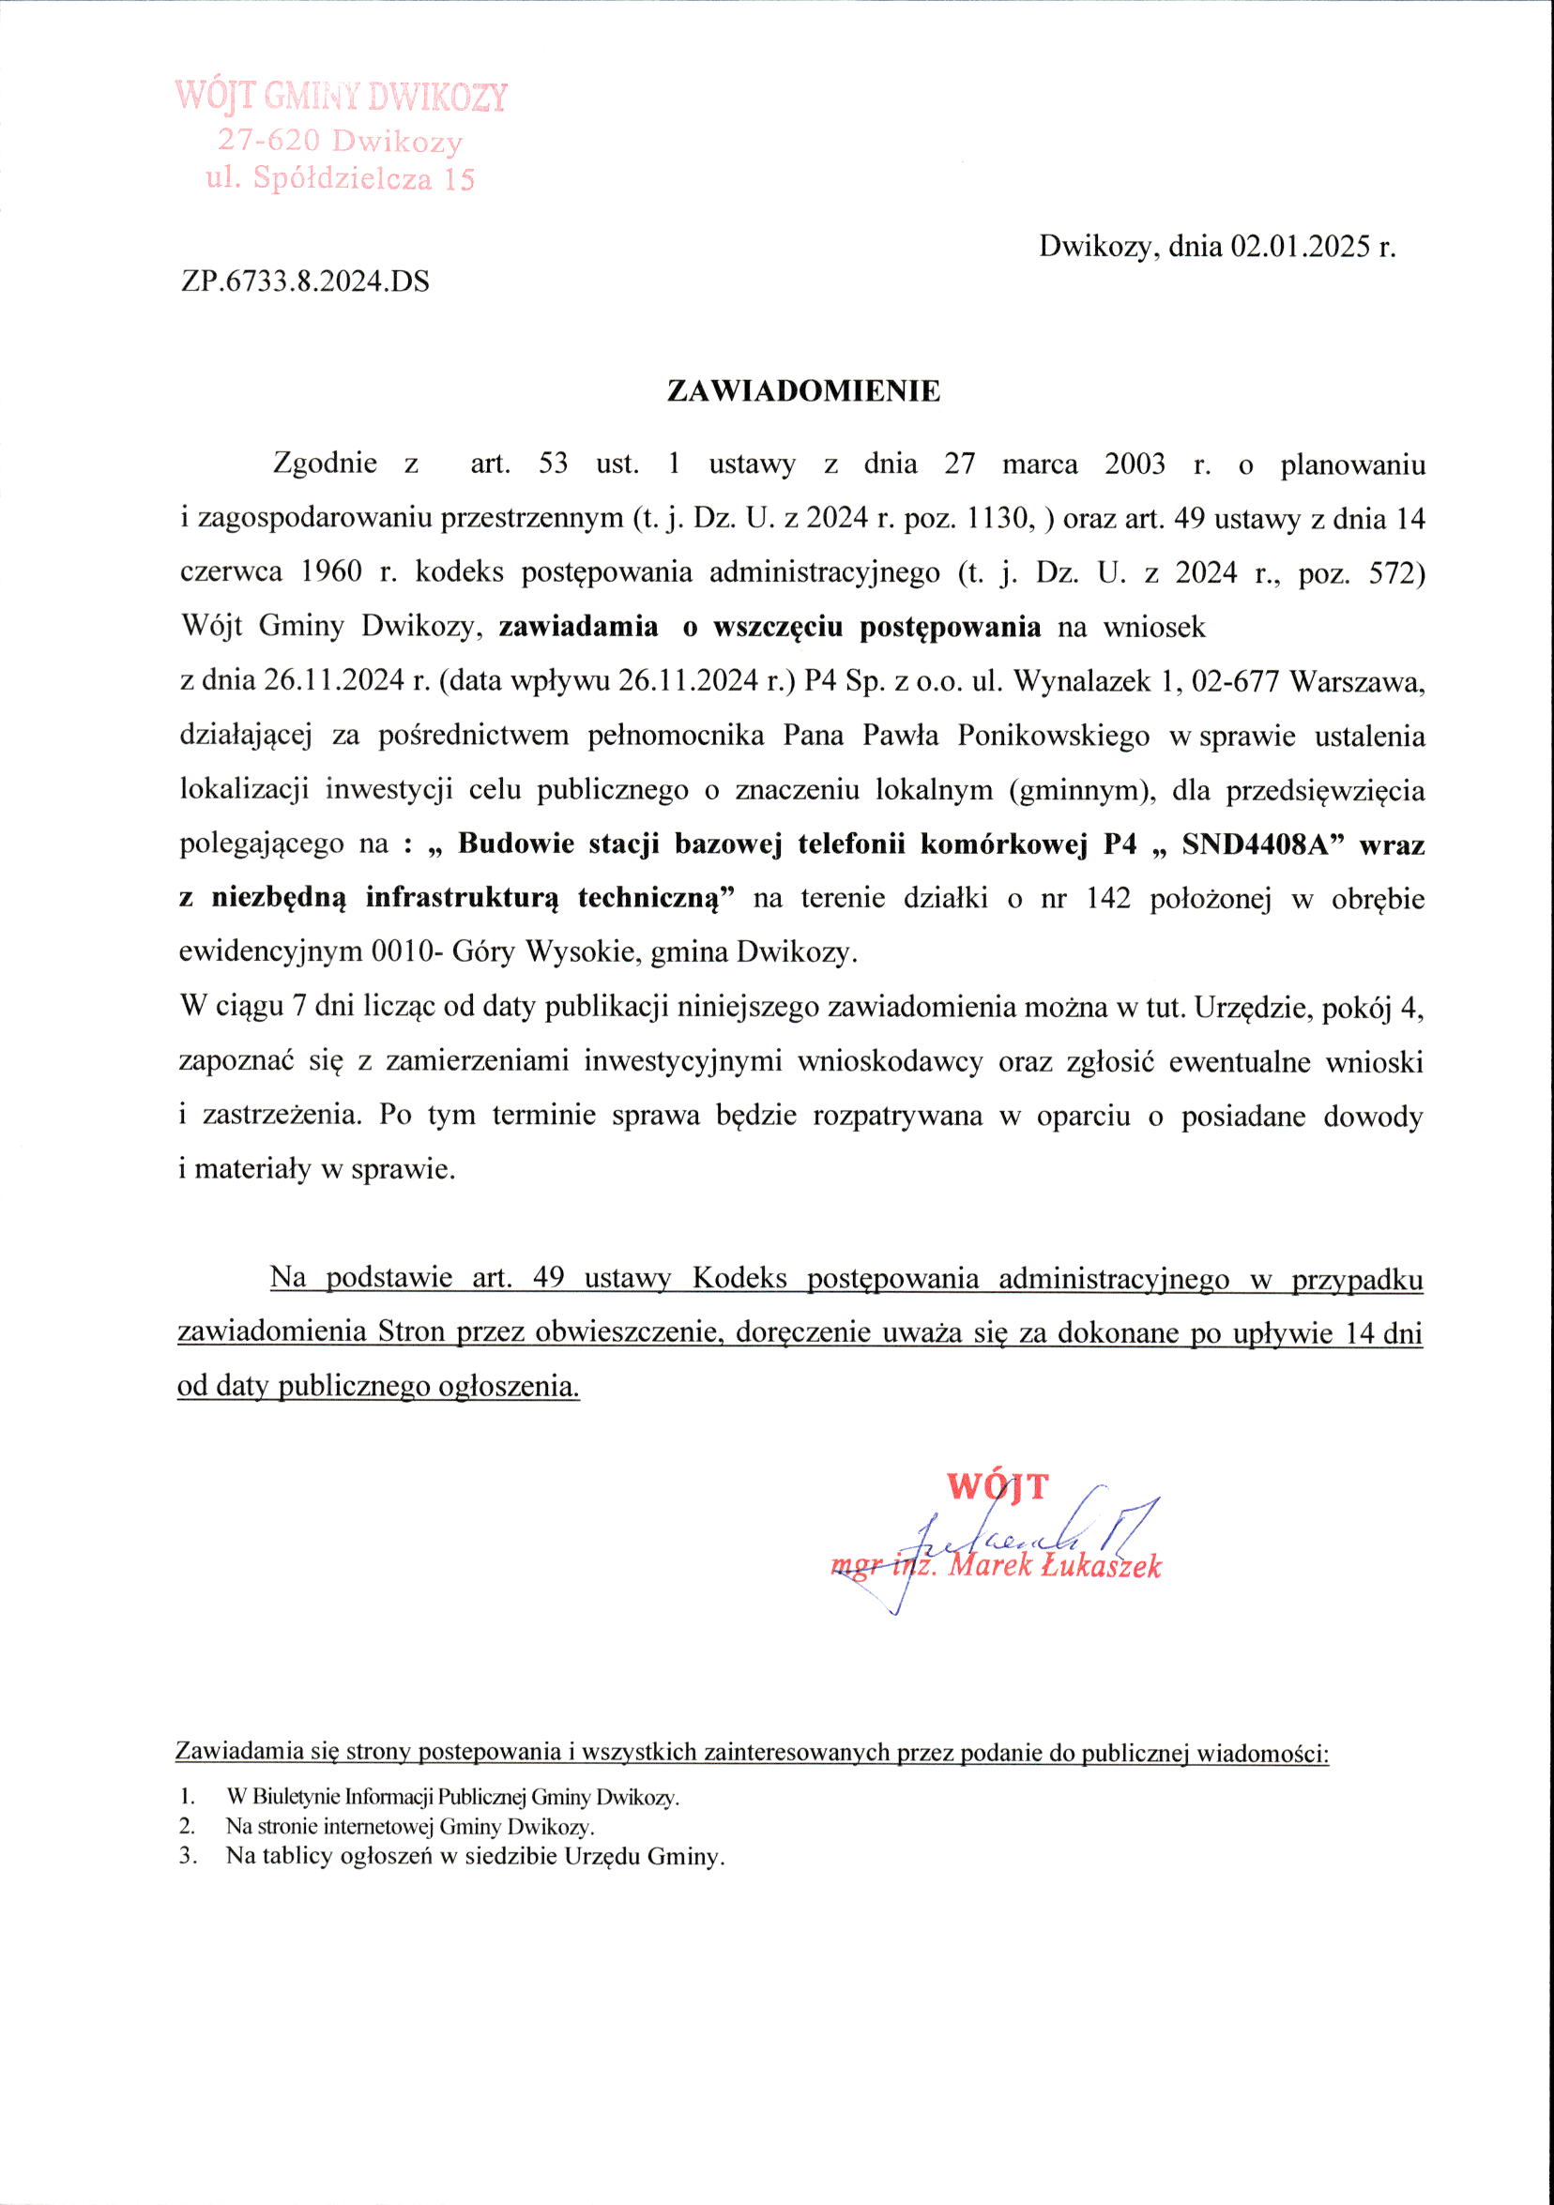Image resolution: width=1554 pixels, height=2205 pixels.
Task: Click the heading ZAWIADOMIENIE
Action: (x=804, y=391)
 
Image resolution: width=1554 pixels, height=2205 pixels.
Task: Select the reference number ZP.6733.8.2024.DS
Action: (x=304, y=282)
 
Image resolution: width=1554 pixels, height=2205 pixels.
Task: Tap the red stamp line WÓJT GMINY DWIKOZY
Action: (x=341, y=98)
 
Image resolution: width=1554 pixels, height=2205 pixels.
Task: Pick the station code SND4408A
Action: (x=1257, y=844)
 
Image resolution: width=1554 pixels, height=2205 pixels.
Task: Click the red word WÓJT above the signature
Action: (x=998, y=1485)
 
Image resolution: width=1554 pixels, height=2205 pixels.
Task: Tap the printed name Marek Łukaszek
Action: (x=1054, y=1566)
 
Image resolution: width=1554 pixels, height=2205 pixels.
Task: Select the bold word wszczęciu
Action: (x=777, y=628)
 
